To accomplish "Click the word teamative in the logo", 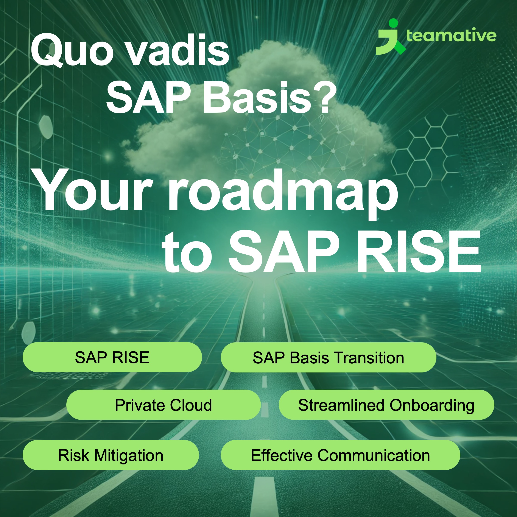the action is coord(451,35).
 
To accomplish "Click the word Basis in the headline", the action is coord(257,97).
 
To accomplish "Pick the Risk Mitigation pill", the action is coord(111,455).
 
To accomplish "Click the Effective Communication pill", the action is coord(340,455).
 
